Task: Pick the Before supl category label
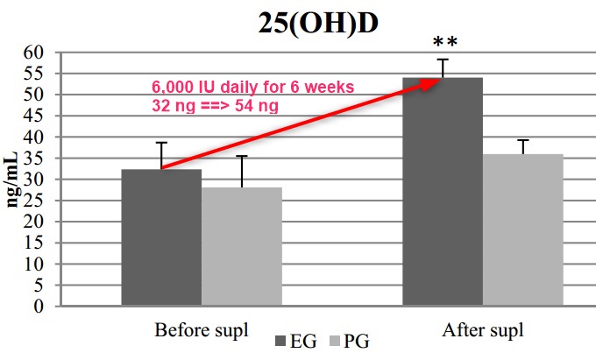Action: click(x=202, y=331)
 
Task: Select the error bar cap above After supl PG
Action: click(x=523, y=140)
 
